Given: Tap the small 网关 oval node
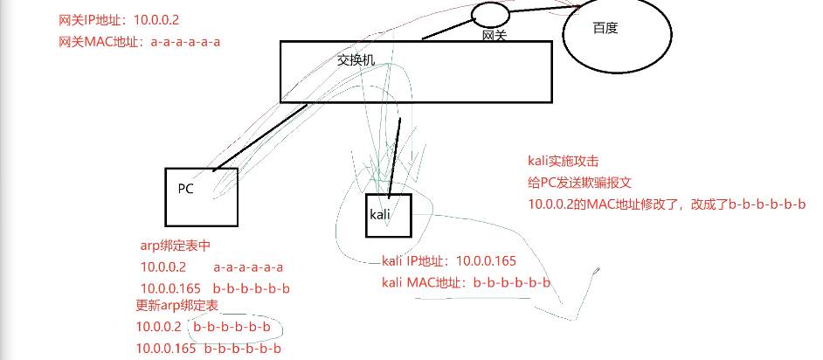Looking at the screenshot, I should (x=490, y=14).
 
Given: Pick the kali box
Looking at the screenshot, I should (x=387, y=215).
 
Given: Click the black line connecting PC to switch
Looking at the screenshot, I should (x=259, y=135).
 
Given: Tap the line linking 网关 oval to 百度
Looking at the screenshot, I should (x=542, y=9).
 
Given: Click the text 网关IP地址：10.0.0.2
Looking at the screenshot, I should (x=120, y=19).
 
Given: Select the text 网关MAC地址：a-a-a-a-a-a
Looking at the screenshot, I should (x=139, y=41).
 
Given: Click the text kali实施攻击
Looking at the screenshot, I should (x=564, y=161).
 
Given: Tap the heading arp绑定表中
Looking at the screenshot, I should (x=176, y=246).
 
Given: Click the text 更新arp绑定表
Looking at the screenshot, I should (x=176, y=306).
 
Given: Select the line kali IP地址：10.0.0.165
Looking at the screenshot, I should (x=449, y=260).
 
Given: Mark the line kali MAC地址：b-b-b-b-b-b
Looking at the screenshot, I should (x=467, y=281).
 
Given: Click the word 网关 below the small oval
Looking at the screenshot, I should (x=494, y=36).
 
